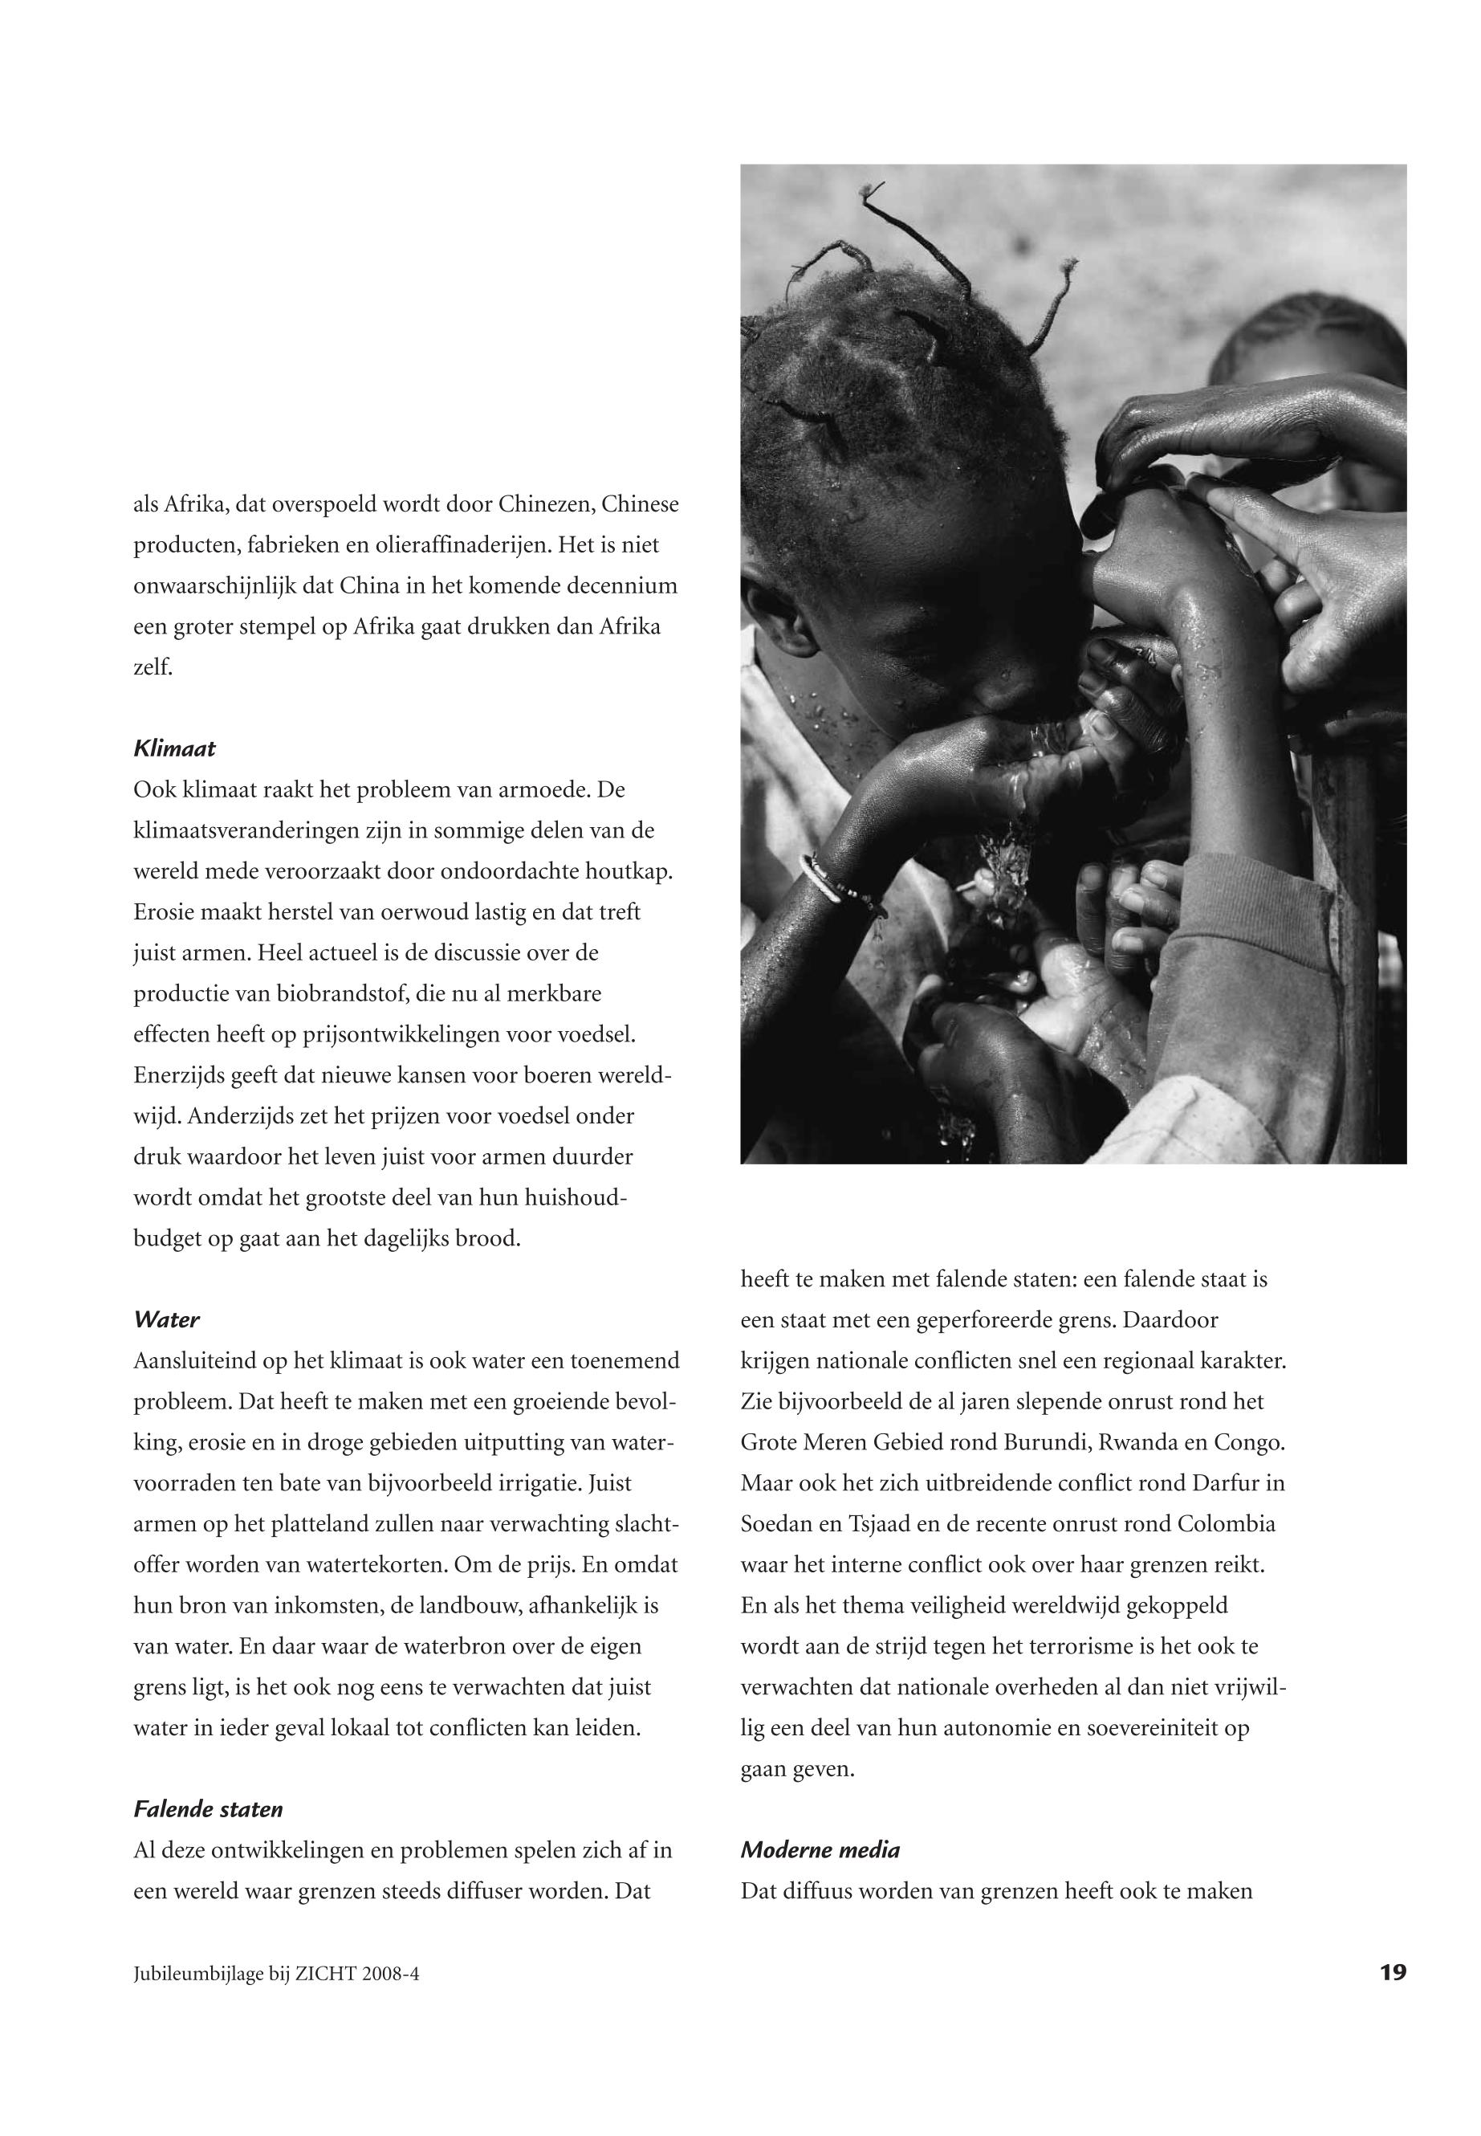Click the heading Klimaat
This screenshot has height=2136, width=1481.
point(174,748)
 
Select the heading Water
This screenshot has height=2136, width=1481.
point(166,1319)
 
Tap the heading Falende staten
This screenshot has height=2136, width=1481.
point(208,1809)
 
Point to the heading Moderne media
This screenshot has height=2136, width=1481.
point(820,1850)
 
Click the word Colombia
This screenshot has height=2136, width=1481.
point(1227,1524)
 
